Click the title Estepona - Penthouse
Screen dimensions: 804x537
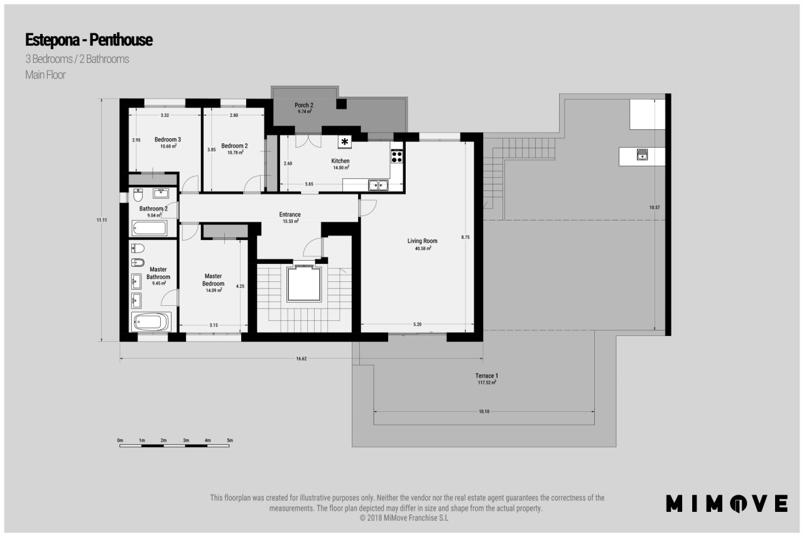click(x=89, y=40)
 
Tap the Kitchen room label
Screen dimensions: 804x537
click(x=340, y=161)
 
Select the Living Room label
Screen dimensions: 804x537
click(x=422, y=241)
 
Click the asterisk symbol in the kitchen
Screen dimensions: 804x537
click(x=345, y=142)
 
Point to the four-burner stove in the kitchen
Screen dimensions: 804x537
click(x=396, y=156)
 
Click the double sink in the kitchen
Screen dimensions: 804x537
click(x=378, y=185)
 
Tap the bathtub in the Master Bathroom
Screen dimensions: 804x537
click(x=151, y=322)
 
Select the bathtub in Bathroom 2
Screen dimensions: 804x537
click(x=149, y=228)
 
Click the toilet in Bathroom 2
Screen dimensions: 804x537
click(x=138, y=195)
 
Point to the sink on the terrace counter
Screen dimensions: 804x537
click(x=642, y=155)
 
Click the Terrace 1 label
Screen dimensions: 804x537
click(x=487, y=376)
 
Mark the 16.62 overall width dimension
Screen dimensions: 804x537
click(x=301, y=359)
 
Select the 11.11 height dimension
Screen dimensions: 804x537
click(x=102, y=220)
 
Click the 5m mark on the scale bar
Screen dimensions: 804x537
click(x=230, y=440)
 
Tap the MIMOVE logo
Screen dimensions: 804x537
click(x=727, y=503)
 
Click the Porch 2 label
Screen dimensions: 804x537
click(x=304, y=105)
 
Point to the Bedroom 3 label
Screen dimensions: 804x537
click(x=168, y=139)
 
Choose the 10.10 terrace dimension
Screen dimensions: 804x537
click(x=484, y=411)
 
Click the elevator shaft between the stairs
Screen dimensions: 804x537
click(x=303, y=284)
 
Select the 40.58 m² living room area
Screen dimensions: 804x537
click(x=423, y=248)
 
